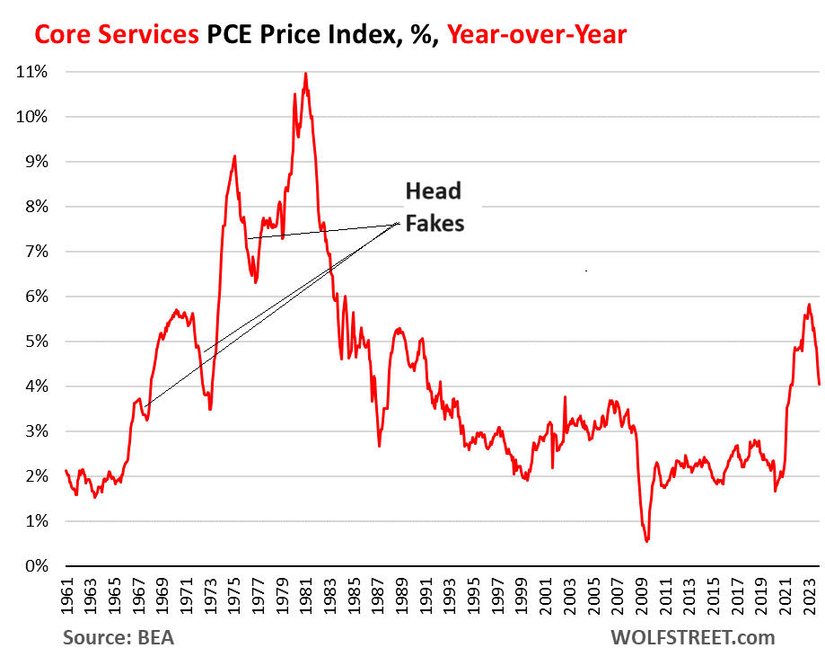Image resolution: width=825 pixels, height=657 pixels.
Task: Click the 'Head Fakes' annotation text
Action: coord(434,207)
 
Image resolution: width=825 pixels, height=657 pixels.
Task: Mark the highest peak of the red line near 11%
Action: coord(305,74)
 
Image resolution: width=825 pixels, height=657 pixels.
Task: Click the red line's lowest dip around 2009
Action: coord(646,541)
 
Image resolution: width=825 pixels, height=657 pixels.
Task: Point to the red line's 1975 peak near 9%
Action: coord(234,155)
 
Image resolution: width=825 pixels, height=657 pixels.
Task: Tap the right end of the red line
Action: coord(819,385)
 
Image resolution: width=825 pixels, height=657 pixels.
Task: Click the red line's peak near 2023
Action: coord(809,304)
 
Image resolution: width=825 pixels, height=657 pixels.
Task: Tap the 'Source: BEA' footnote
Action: coord(118,638)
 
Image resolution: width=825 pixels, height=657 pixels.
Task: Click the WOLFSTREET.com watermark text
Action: coord(691,638)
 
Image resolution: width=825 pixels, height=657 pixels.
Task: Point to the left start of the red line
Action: coord(66,470)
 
